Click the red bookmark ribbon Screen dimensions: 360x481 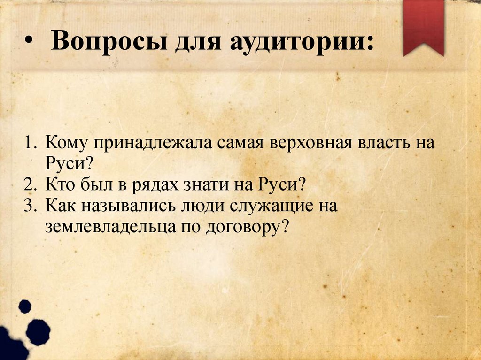click(424, 26)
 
